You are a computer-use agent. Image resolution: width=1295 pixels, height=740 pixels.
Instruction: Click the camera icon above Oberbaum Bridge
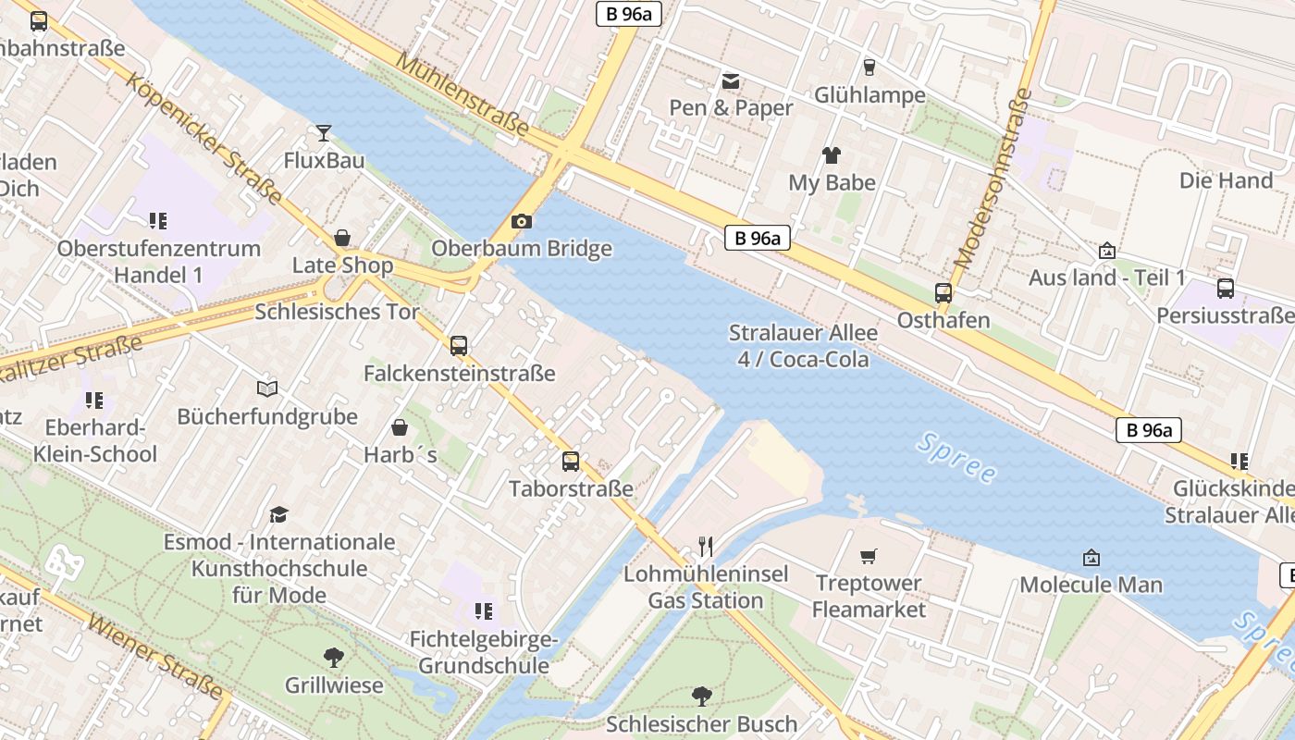(522, 222)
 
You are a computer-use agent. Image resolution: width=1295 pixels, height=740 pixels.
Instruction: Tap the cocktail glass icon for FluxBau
(323, 133)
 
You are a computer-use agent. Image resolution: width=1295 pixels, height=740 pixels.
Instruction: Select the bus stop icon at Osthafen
(943, 293)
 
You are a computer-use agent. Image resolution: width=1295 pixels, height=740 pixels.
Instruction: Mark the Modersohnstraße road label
(993, 179)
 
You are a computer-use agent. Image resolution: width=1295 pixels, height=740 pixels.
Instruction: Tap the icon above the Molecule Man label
(1091, 558)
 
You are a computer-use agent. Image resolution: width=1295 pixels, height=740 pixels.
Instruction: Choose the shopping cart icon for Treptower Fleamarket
(868, 556)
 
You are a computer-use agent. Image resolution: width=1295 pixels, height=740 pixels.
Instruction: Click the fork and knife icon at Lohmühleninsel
(706, 547)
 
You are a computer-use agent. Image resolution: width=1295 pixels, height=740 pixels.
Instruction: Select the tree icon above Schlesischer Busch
(702, 696)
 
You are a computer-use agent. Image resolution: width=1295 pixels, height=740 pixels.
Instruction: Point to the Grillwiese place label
(334, 685)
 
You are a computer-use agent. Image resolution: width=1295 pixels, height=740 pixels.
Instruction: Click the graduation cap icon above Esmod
(278, 514)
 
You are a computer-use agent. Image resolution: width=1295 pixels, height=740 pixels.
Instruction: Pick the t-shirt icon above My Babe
(832, 155)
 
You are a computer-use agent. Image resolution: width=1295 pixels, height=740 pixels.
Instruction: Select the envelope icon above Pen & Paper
(731, 81)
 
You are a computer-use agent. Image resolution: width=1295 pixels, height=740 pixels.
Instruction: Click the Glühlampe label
(869, 95)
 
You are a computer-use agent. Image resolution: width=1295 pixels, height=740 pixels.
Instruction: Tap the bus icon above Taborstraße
(571, 461)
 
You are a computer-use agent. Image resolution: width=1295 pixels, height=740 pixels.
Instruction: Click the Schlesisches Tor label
(337, 312)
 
